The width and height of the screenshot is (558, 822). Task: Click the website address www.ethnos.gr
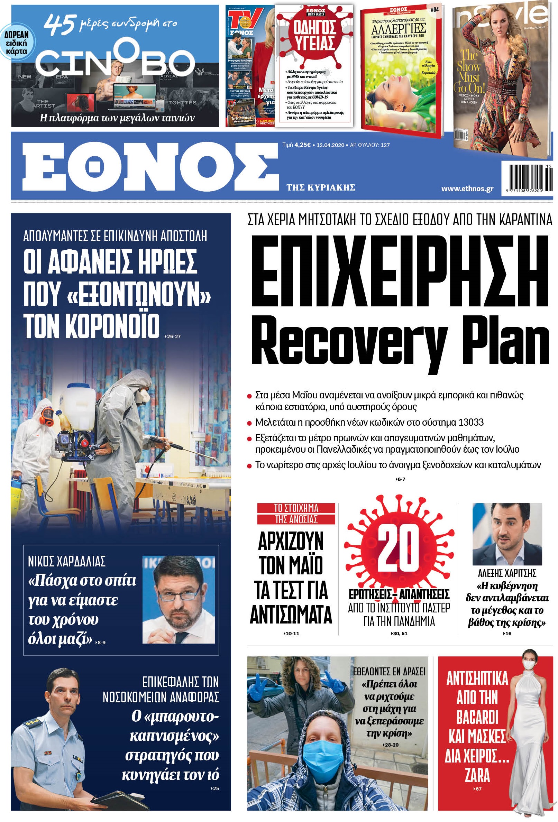467,189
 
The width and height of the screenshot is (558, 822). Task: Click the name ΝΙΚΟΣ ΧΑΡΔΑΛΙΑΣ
66,562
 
